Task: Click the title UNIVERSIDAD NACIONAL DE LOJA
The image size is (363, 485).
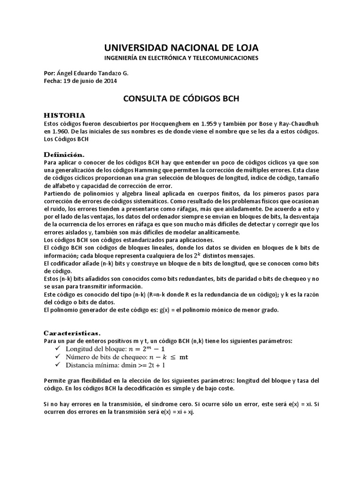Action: coord(181,48)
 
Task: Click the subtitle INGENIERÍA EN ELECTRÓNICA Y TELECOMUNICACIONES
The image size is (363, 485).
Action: coord(181,58)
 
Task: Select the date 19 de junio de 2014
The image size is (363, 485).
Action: coord(93,81)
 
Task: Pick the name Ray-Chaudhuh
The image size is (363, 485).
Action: coord(299,123)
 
